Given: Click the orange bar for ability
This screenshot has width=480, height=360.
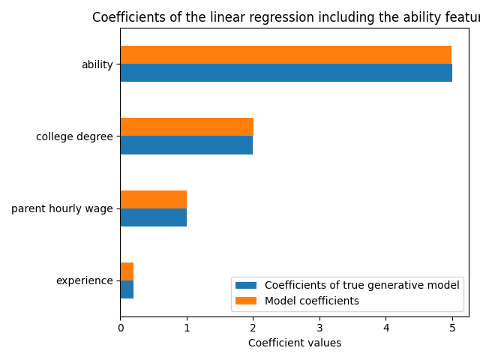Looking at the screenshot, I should point(286,55).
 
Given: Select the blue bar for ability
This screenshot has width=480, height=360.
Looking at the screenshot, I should point(286,73).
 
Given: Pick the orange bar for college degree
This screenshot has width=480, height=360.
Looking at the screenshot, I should point(187,127).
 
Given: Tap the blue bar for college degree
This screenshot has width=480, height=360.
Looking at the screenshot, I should point(186,145).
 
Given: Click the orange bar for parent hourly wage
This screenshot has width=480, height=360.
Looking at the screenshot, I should point(153,199).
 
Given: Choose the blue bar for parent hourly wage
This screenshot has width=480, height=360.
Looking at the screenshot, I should point(153,217).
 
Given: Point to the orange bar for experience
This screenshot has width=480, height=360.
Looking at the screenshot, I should point(127,271).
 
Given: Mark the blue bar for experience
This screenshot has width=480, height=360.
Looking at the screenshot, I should point(127,289).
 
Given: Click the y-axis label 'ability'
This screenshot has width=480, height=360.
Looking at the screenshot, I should point(97,64).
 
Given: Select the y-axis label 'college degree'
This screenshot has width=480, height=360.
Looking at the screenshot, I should point(74,136).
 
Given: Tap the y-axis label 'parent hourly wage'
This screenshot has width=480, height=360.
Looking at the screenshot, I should point(61,208).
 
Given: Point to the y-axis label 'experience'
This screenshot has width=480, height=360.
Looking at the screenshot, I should point(84,281).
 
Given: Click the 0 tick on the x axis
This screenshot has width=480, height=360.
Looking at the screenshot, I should point(120,327).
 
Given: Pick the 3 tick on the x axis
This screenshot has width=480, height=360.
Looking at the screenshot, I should point(319,327).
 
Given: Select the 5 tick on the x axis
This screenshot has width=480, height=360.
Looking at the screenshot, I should point(452,327).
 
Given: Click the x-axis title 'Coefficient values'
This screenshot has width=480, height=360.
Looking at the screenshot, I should point(295,343).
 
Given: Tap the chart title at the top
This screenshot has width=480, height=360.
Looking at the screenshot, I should point(286,18).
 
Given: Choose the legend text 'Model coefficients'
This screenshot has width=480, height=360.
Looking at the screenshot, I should point(312,301).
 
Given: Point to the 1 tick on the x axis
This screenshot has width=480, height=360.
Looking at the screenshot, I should point(187,327).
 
